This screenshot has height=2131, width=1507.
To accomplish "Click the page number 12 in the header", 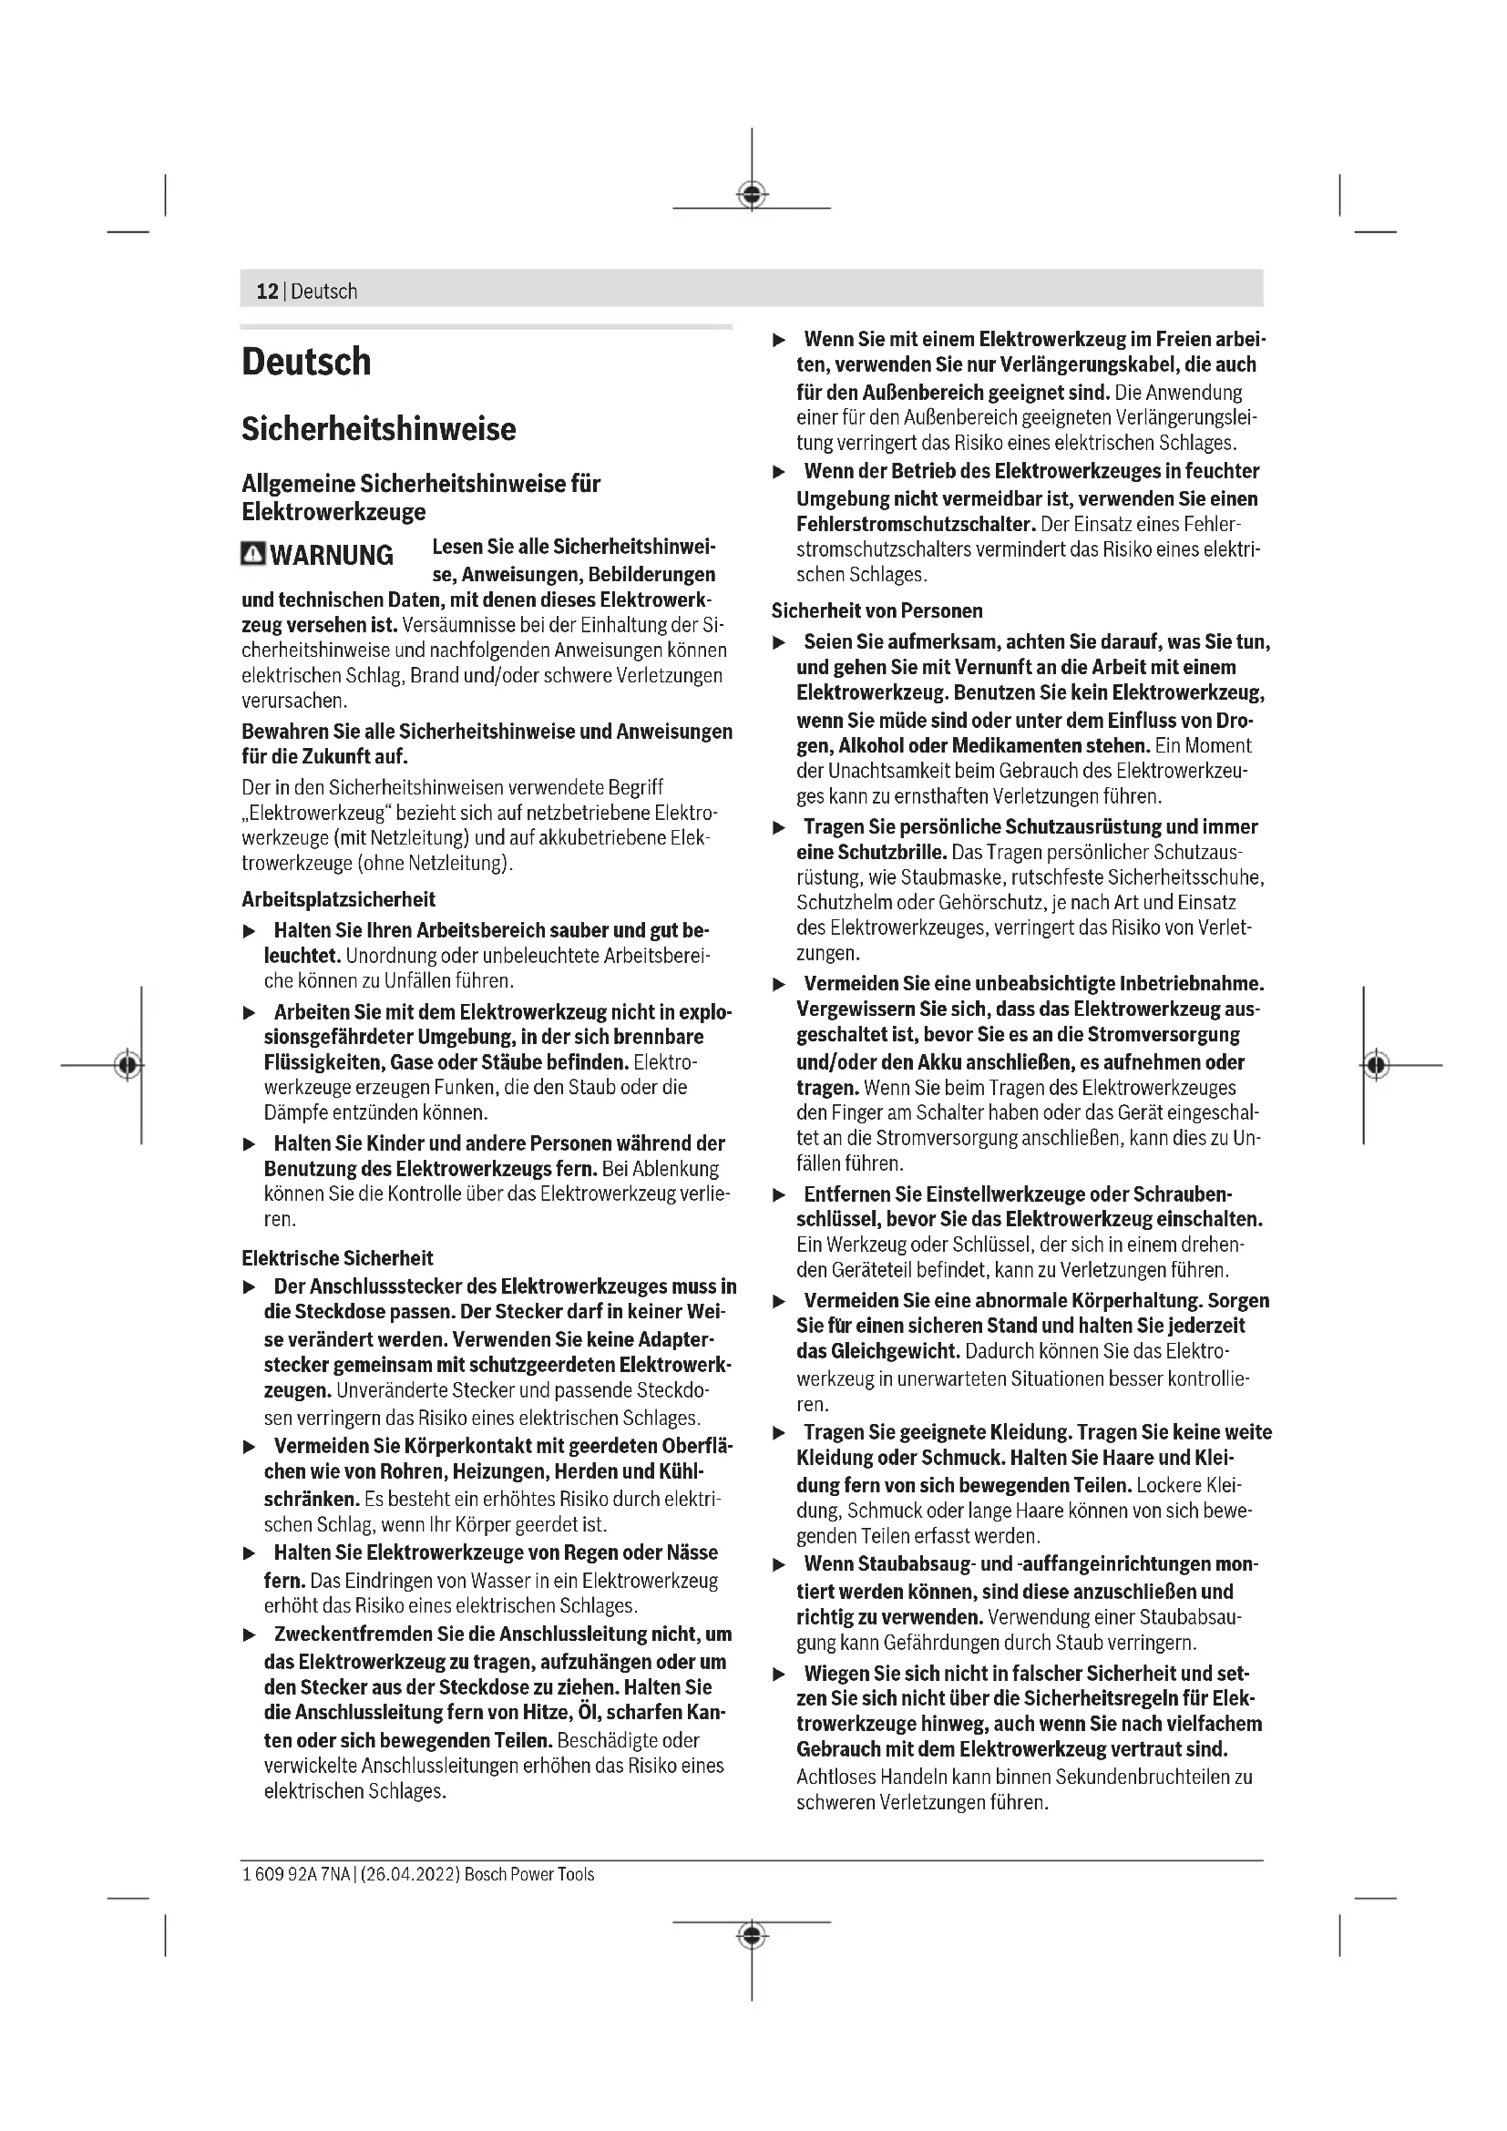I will [266, 292].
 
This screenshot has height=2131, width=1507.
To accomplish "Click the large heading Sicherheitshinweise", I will [379, 429].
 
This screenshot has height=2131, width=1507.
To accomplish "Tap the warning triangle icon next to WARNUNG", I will [252, 554].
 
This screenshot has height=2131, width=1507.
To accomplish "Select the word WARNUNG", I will [332, 555].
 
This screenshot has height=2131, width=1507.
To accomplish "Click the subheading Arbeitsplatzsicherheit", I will [338, 899].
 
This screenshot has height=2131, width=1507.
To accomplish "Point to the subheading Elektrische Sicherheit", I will [337, 1257].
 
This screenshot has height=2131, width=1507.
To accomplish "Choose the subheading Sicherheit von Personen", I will [877, 610].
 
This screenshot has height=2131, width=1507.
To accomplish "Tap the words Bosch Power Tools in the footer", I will [529, 1874].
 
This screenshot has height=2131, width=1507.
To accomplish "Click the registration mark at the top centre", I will [752, 195].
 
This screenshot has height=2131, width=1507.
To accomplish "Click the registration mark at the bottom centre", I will [752, 1935].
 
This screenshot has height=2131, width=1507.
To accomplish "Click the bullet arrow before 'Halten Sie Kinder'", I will [249, 1144].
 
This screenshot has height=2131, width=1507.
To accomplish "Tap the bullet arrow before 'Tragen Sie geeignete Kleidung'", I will [780, 1433].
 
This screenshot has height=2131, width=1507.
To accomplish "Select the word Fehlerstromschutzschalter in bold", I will [915, 524].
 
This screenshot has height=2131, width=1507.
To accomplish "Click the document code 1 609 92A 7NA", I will [296, 1874].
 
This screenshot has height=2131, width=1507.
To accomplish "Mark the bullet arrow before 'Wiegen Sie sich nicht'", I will [780, 1675].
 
